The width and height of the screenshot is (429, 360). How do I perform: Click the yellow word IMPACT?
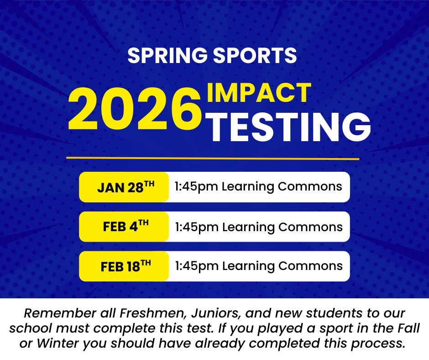[259, 93]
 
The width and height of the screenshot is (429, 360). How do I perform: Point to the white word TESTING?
[288, 125]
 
